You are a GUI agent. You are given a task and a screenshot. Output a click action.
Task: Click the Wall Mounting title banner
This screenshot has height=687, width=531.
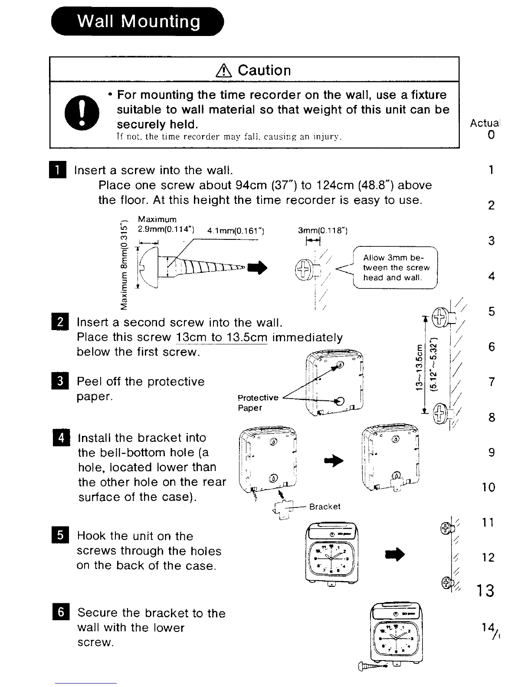pos(138,21)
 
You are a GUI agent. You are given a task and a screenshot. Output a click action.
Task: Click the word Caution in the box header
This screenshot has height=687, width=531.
pos(264,70)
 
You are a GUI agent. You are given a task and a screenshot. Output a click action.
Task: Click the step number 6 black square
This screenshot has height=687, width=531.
pos(62,612)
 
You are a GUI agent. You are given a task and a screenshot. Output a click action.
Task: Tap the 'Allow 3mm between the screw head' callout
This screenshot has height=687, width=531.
pos(396,268)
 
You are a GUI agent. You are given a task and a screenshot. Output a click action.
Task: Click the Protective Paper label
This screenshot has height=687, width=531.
pos(258,402)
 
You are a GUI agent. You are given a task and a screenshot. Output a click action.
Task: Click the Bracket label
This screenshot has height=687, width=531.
pos(324,507)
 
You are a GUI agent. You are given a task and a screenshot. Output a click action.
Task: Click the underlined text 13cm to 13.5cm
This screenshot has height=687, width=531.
pos(222,337)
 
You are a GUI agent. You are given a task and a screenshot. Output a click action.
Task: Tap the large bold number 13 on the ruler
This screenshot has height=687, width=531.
pos(485,591)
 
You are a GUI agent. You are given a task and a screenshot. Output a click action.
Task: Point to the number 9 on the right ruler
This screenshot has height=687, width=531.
pos(491,452)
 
